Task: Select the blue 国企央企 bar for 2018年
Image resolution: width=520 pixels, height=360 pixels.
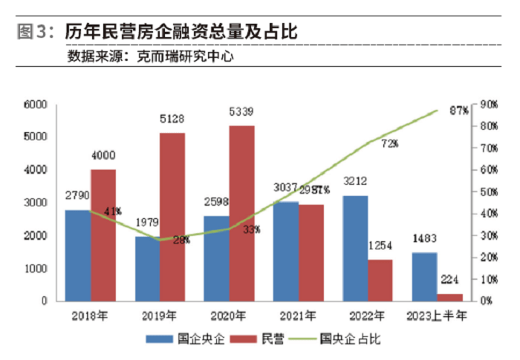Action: point(78,255)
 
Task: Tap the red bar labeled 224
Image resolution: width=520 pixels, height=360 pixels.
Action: point(449,297)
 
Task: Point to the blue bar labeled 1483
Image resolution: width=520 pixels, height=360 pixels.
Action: point(424,276)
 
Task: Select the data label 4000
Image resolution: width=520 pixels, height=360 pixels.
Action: point(103,155)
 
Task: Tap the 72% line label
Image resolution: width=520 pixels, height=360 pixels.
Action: point(390,143)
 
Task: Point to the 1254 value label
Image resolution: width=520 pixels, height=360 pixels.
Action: point(380,246)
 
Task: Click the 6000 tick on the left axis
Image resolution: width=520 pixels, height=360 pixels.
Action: point(36,105)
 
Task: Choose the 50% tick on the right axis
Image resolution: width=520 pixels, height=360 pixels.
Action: point(488,192)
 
